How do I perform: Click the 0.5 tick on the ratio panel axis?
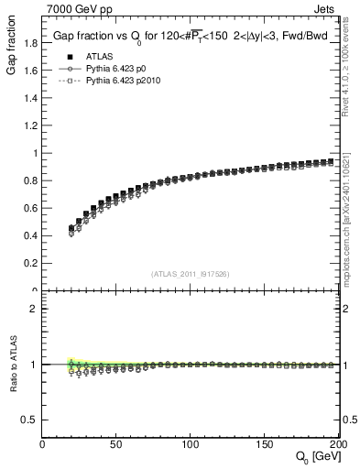point(30,420)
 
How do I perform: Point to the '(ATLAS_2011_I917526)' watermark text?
point(191,274)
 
